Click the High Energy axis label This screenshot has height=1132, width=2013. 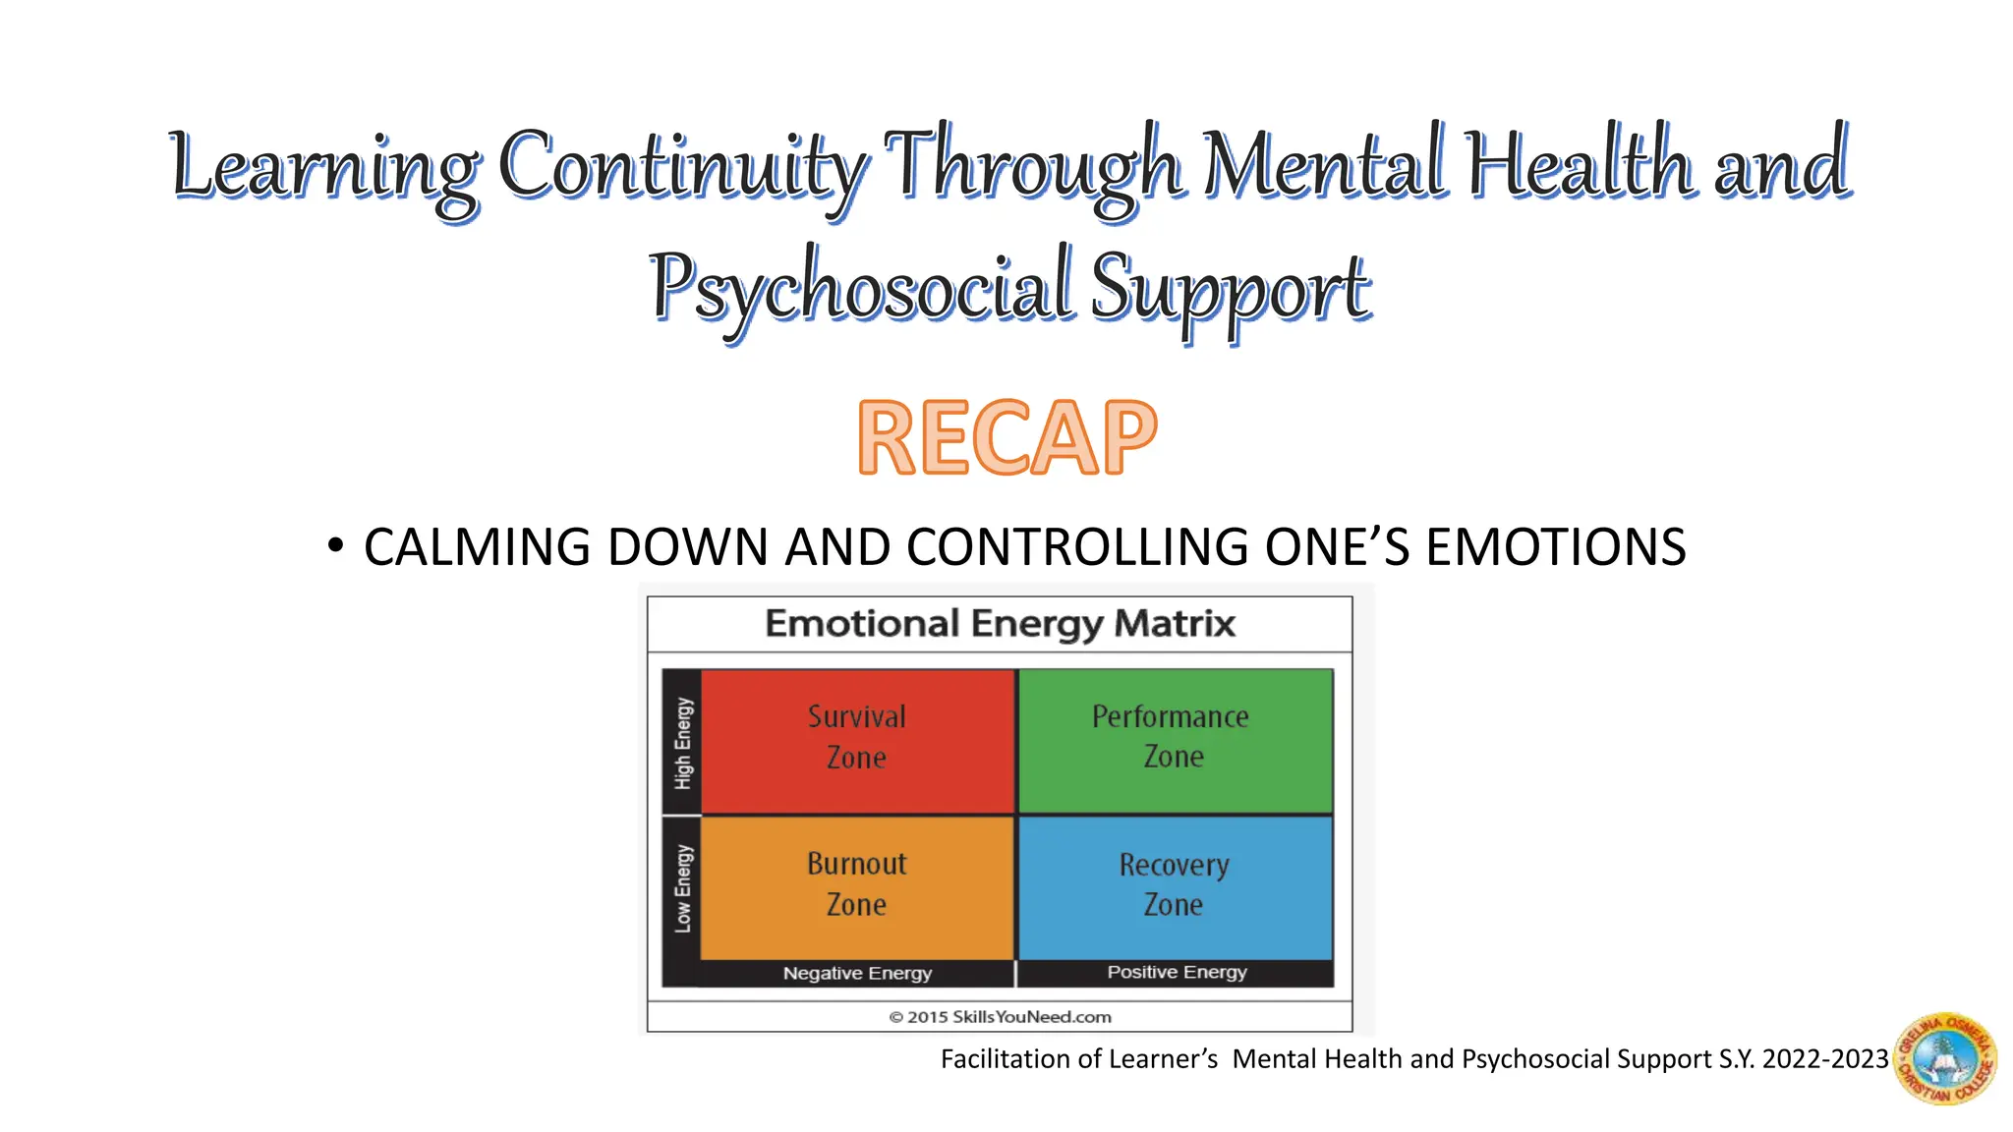[683, 743]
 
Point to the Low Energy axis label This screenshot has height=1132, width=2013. [683, 888]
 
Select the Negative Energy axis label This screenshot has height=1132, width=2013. [857, 973]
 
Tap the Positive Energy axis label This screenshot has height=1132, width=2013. [1177, 972]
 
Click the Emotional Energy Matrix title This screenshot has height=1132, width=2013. [1000, 624]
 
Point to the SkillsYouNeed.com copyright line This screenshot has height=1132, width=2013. [1000, 1017]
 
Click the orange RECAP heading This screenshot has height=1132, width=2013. [1006, 438]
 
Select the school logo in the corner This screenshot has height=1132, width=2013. [1944, 1059]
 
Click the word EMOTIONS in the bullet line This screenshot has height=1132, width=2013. [1555, 547]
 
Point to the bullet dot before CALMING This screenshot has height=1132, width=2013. [336, 545]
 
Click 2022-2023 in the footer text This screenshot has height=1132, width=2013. [1825, 1059]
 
